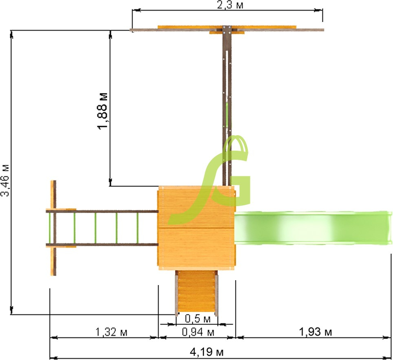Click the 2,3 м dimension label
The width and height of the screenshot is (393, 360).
(x=230, y=5)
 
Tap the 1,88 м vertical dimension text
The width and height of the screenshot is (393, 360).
(x=102, y=111)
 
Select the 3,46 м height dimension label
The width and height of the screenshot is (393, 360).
(x=5, y=180)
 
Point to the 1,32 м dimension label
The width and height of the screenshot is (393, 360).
(x=111, y=332)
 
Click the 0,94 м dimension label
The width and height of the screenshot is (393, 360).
(x=198, y=332)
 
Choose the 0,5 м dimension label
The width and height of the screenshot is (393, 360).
(x=197, y=319)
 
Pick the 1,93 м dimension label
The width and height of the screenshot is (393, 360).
(x=315, y=332)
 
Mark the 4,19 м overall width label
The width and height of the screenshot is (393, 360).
(x=207, y=352)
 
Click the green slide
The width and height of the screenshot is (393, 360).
(x=313, y=228)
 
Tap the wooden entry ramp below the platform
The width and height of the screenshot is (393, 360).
(x=196, y=293)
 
